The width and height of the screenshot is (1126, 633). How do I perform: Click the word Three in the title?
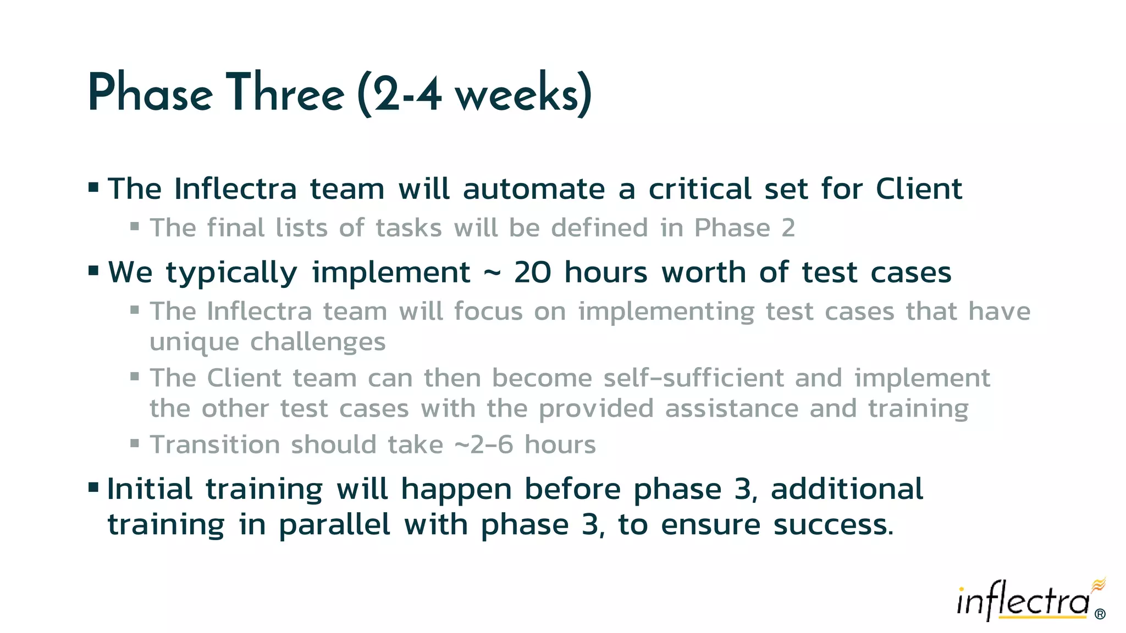(x=285, y=93)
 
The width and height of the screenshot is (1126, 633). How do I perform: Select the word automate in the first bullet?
(x=534, y=189)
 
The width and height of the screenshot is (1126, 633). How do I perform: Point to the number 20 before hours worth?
(x=532, y=273)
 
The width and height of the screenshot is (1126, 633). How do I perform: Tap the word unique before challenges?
(x=194, y=342)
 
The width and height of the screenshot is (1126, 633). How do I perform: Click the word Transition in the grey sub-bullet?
(x=214, y=445)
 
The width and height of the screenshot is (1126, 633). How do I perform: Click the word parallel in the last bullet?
(x=334, y=525)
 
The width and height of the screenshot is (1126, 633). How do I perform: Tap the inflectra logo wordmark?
(x=1023, y=601)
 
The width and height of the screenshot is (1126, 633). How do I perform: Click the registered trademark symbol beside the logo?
(x=1100, y=614)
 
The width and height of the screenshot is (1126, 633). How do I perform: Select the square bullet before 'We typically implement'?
(x=93, y=270)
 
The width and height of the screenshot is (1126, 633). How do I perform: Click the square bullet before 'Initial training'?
(x=93, y=487)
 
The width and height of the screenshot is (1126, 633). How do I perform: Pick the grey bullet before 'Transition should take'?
(x=135, y=442)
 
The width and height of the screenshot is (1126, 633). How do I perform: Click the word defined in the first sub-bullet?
(x=599, y=228)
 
